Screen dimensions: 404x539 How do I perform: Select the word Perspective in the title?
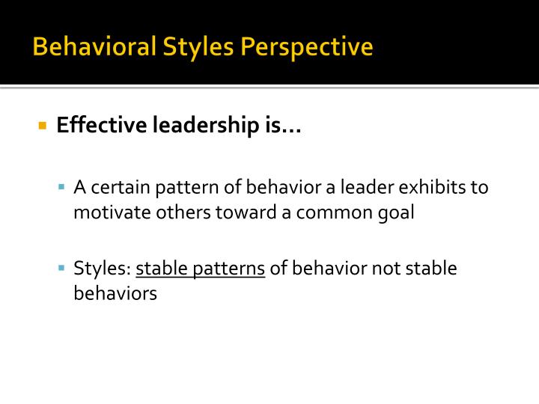coord(307,47)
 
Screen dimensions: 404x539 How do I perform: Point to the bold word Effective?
coord(102,126)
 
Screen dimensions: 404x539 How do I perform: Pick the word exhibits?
coord(437,186)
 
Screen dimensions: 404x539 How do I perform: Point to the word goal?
coord(397,212)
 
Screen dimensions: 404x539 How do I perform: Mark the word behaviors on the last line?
coord(115,293)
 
